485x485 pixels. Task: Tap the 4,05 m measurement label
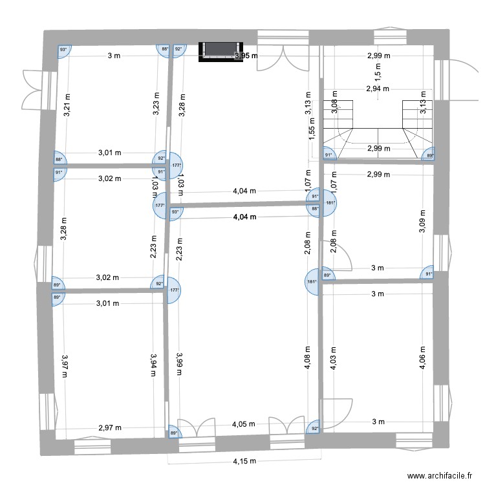point(244,425)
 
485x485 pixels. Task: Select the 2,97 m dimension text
point(110,427)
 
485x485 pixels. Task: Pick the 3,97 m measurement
point(65,365)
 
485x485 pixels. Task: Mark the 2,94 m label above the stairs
point(378,89)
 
